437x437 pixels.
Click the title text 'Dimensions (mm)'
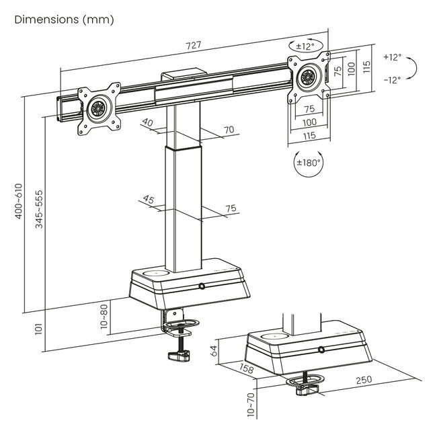(x=64, y=19)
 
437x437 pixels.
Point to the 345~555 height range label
(x=39, y=210)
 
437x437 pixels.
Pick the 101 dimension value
(x=39, y=329)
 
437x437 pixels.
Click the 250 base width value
(x=363, y=381)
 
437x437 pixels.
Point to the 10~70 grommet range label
(x=250, y=405)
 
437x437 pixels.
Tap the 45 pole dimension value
(x=149, y=199)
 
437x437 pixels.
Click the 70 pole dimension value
(x=229, y=130)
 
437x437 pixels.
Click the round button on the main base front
(x=201, y=287)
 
